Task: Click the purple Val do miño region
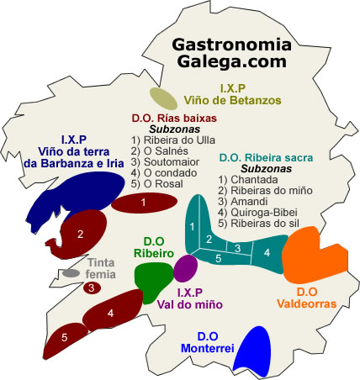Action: pyautogui.click(x=185, y=267)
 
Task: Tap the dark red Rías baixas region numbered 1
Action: pyautogui.click(x=143, y=203)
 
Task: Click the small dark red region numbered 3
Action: pyautogui.click(x=91, y=288)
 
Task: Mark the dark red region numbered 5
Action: pyautogui.click(x=66, y=338)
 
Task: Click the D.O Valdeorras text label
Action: pyautogui.click(x=306, y=298)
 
